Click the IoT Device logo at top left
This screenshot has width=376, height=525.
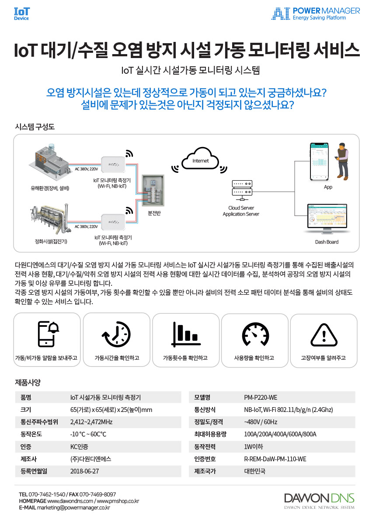pyautogui.click(x=21, y=14)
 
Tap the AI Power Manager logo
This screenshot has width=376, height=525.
pyautogui.click(x=316, y=14)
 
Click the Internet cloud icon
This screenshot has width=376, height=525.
pyautogui.click(x=201, y=160)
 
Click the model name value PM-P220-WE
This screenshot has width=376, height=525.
pyautogui.click(x=260, y=398)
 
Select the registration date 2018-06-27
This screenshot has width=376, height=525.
pyautogui.click(x=84, y=471)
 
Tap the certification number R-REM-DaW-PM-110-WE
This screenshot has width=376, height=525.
pyautogui.click(x=275, y=459)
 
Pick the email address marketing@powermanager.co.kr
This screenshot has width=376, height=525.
pyautogui.click(x=73, y=508)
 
